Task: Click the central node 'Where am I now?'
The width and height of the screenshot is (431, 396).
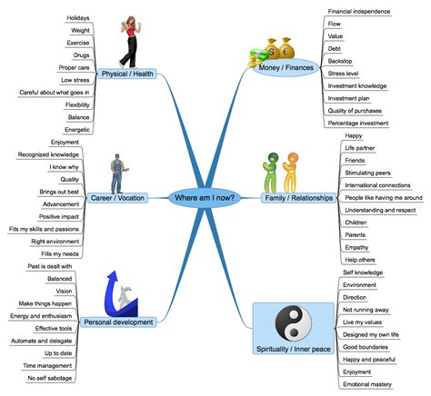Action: [206, 197]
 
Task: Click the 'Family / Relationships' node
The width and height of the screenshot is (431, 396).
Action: [294, 197]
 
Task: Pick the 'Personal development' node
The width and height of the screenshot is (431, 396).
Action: [116, 322]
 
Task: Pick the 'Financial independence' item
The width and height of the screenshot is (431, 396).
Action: [359, 13]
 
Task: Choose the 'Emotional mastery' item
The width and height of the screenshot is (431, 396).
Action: [366, 384]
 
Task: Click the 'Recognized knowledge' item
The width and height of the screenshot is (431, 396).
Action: [49, 154]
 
